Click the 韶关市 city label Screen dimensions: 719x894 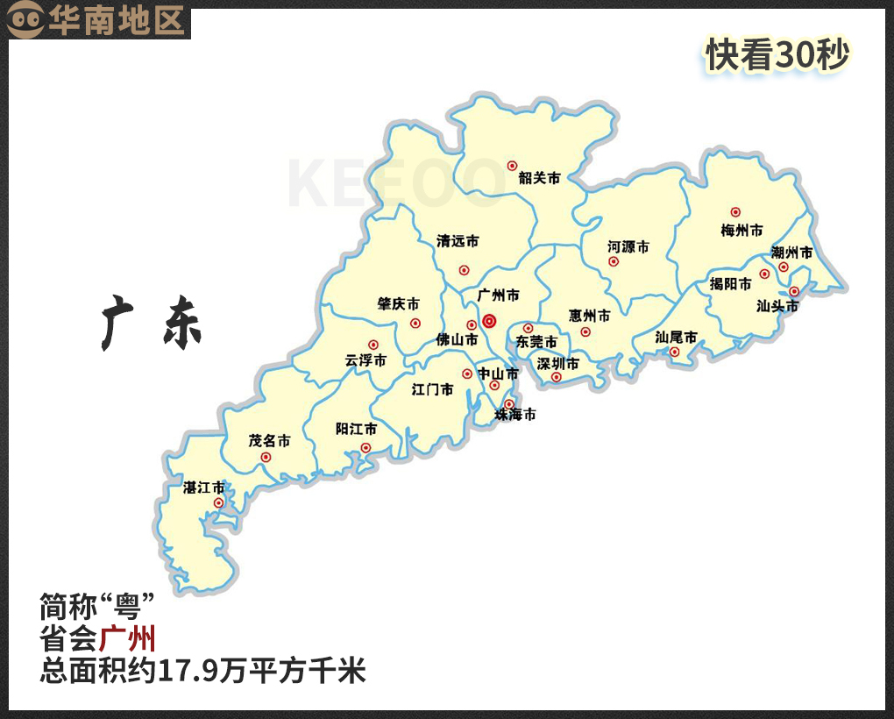coord(539,177)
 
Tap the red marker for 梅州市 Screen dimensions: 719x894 coord(735,212)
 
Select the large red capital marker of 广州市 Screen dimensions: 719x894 coord(489,321)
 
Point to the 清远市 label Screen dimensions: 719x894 coord(458,241)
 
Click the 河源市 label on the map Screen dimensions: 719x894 coord(628,247)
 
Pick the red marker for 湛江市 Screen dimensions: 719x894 coord(218,502)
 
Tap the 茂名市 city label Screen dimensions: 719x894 coord(269,440)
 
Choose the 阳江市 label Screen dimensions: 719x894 coord(356,429)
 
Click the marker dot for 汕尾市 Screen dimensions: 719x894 coord(674,352)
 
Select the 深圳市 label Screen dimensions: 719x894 coord(558,363)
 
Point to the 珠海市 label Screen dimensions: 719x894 coord(514,415)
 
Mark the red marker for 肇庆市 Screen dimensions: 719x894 coord(415,323)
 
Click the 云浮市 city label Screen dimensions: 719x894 coord(365,359)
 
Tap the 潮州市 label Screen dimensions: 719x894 coord(791,253)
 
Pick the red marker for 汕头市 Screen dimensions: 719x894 coord(794,291)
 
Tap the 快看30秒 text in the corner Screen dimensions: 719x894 coord(778,55)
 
